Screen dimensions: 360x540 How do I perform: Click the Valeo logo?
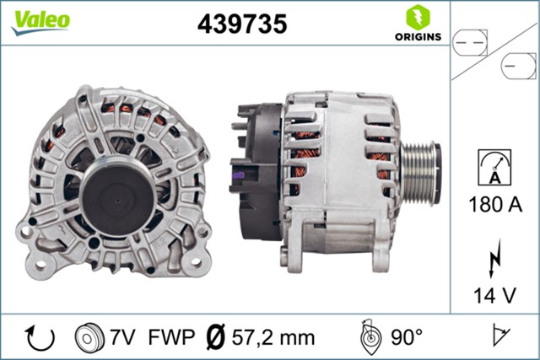(x=40, y=21)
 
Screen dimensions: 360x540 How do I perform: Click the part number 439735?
(x=241, y=24)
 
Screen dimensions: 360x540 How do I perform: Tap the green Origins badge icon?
(x=416, y=16)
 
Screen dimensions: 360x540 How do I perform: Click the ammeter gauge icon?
(x=494, y=163)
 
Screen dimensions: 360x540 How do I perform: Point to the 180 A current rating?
(x=494, y=204)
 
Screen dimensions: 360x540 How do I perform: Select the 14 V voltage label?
(x=494, y=295)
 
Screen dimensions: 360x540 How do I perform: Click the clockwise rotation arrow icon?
(x=40, y=337)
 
